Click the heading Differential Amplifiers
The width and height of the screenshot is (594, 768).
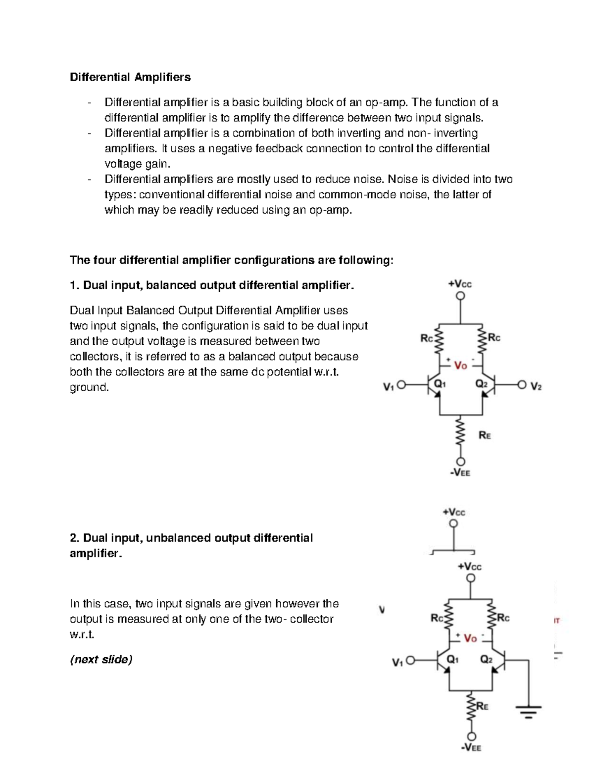(x=130, y=77)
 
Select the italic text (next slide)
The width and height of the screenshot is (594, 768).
(x=101, y=659)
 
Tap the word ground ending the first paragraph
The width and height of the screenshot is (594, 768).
(x=88, y=387)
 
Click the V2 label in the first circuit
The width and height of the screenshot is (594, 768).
(x=536, y=386)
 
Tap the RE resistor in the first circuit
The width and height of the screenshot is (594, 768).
(x=461, y=434)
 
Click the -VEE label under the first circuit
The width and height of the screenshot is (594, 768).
(x=460, y=473)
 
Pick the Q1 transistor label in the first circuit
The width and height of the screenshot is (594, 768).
(x=440, y=383)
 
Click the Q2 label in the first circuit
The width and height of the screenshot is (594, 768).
(x=481, y=383)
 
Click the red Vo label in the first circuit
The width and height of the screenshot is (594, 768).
(x=460, y=365)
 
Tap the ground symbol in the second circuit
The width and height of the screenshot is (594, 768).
(x=528, y=711)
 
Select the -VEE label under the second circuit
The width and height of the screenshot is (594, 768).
(x=471, y=748)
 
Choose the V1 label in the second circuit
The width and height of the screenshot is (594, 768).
(x=397, y=662)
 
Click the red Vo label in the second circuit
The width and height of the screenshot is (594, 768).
(x=470, y=638)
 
